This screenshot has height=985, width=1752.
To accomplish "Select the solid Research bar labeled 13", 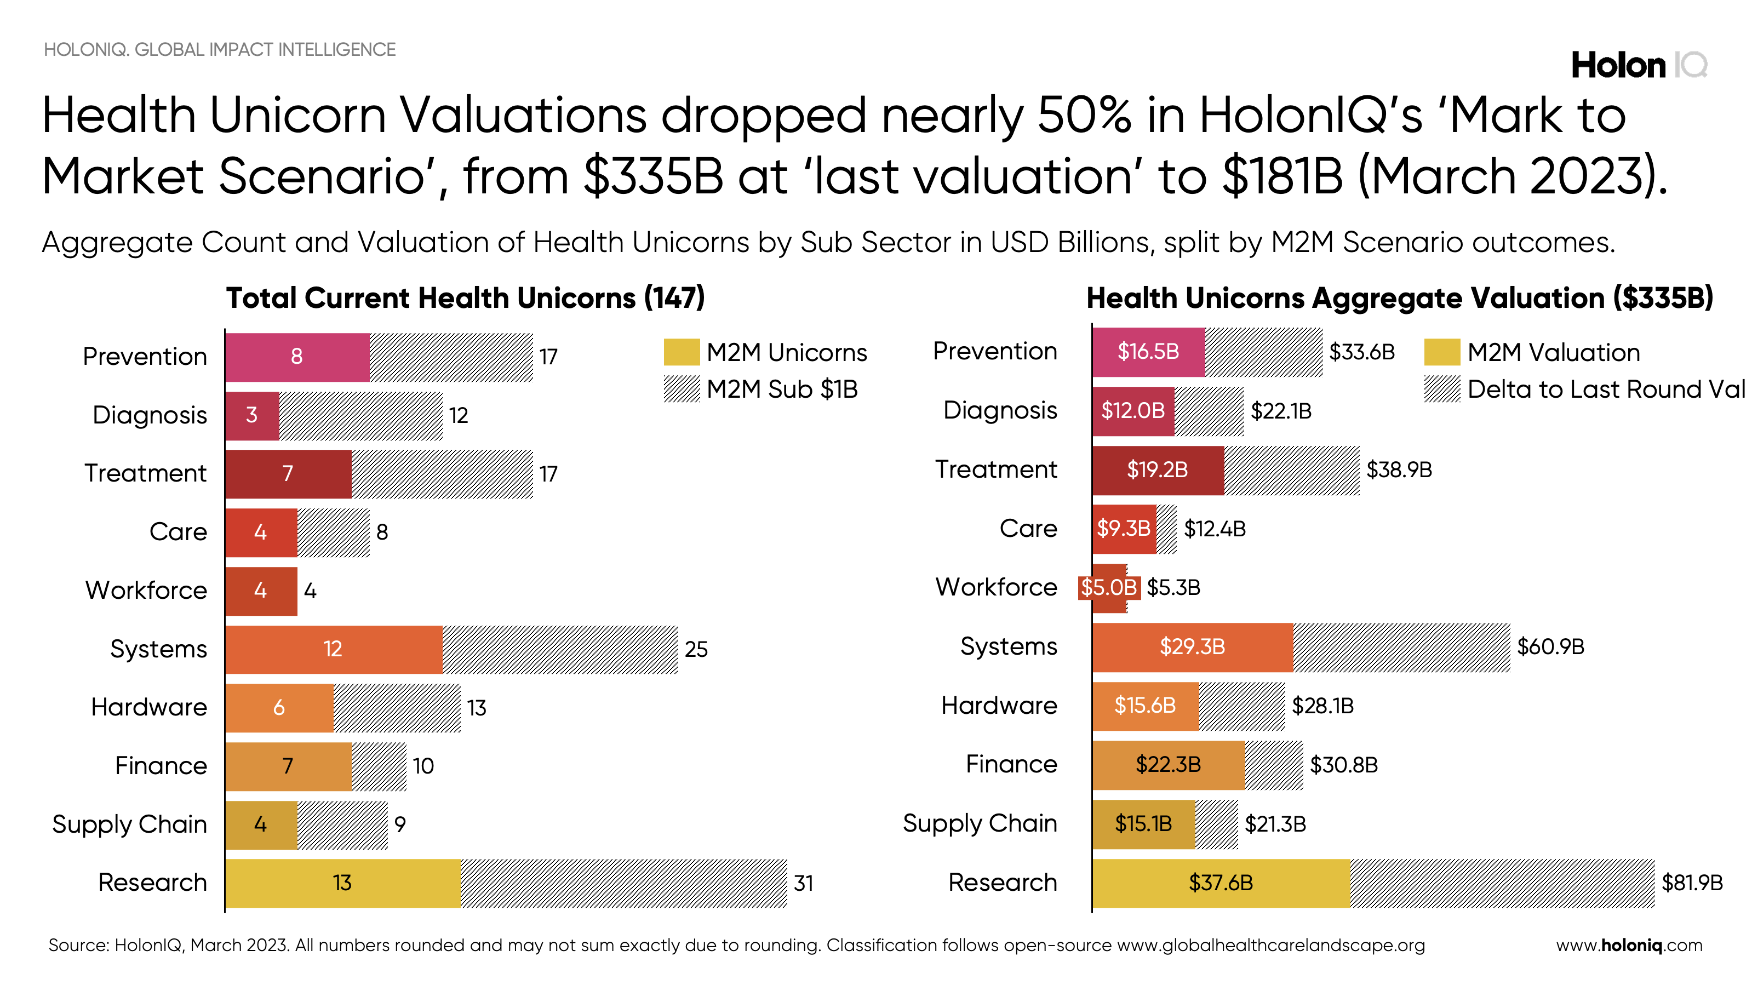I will click(x=342, y=883).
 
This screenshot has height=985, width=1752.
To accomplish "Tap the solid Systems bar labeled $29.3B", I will click(x=1192, y=646).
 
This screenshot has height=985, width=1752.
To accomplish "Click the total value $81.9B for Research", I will click(x=1692, y=883).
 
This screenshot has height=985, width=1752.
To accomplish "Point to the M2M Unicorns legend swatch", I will click(x=681, y=352).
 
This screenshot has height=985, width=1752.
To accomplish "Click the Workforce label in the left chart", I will click(x=146, y=590).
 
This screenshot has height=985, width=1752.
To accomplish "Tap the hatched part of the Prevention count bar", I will click(x=451, y=357).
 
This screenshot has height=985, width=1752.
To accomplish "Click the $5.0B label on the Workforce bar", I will click(x=1109, y=587).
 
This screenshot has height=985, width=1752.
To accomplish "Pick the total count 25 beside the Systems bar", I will click(x=696, y=649).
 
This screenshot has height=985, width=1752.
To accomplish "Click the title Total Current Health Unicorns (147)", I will click(x=465, y=298).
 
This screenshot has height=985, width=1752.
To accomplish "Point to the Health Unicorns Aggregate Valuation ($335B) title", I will click(x=1399, y=298).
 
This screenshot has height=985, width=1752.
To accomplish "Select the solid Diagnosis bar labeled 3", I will click(x=251, y=415).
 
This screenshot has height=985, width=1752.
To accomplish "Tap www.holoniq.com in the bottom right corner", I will click(x=1629, y=945).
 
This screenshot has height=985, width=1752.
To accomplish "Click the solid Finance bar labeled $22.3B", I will click(x=1168, y=765).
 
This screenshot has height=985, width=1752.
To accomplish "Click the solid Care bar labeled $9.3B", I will click(x=1124, y=529).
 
